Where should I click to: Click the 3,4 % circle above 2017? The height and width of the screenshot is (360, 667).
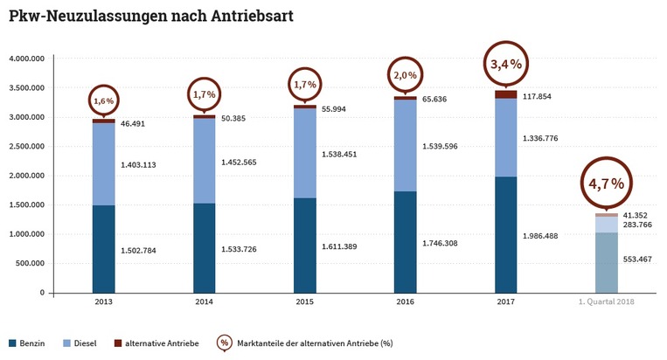coord(506,64)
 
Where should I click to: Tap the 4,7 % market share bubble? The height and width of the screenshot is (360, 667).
coord(606,183)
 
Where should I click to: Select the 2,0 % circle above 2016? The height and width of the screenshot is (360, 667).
coord(405,76)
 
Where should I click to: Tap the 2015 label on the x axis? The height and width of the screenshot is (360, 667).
coord(305,301)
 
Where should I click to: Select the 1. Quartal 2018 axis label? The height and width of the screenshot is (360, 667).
coord(606,301)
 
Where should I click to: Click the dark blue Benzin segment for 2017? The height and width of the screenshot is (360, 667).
coord(506,234)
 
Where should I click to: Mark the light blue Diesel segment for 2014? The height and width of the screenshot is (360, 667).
coord(205,161)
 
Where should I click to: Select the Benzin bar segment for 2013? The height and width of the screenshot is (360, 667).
coord(104,249)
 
